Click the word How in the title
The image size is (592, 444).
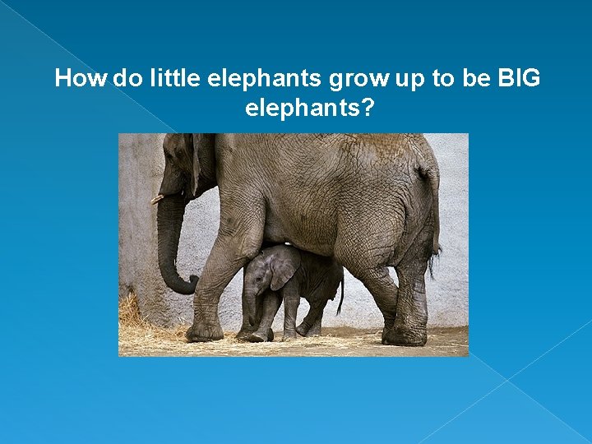[x=80, y=79]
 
